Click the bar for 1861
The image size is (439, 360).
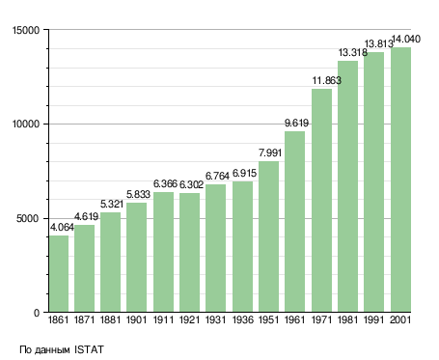[59, 274]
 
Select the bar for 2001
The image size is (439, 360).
[400, 180]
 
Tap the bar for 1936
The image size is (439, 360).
[242, 247]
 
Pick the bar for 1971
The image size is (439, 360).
[321, 201]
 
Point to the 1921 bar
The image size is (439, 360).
[189, 253]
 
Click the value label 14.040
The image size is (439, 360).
[406, 40]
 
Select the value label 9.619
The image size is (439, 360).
[296, 123]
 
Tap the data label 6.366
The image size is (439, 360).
[165, 183]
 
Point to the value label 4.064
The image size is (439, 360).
[62, 228]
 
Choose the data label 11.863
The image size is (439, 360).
[327, 80]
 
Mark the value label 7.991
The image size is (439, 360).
[270, 152]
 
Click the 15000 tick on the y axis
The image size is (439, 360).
[26, 30]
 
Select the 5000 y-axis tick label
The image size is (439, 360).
[28, 219]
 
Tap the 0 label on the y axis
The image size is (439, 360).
[37, 313]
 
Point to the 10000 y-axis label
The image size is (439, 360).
[26, 125]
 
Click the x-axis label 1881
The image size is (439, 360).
[110, 320]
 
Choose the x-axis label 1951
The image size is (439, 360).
[268, 320]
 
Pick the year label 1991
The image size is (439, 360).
[374, 320]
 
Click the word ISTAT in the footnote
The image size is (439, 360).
[89, 349]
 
